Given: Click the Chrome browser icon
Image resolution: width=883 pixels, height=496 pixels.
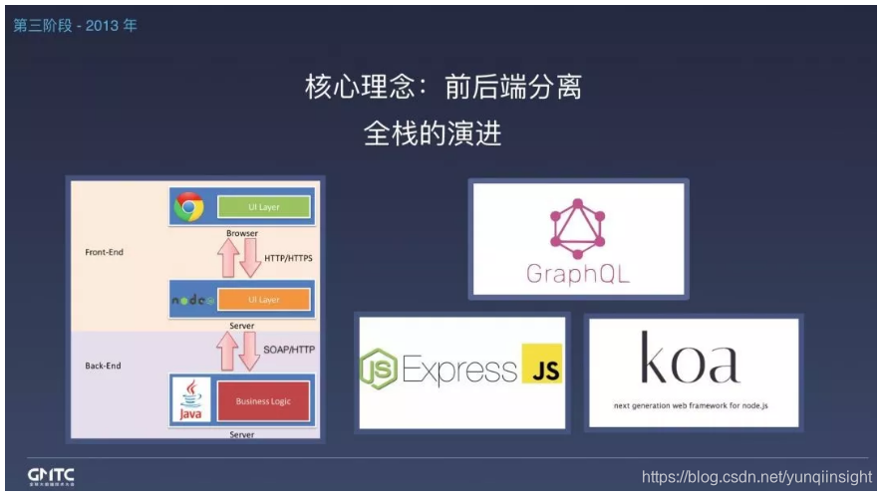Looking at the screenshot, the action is coord(188,207).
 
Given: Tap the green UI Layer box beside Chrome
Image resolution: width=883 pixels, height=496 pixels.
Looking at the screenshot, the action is coord(263,207).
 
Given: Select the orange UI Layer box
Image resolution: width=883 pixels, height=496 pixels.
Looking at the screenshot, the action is coord(263,300).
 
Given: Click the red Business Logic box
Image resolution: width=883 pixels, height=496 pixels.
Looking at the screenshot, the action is coord(263,401).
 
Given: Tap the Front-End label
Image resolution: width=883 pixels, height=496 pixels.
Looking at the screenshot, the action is coord(105,252).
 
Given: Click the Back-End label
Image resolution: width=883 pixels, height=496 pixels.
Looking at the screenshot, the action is coord(103,366).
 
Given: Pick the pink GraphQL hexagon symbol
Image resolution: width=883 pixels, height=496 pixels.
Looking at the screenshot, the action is coord(578,228).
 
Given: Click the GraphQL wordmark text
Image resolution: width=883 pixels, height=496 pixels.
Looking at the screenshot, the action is coord(578,274).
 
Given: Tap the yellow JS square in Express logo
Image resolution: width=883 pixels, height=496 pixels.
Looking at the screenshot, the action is coord(541,372).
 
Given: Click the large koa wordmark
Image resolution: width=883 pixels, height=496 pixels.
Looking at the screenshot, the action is coord(691,360).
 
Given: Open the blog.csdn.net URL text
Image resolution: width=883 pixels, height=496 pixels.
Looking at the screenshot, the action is coord(756,477).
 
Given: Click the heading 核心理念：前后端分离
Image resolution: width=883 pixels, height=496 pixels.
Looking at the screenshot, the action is coord(442,88).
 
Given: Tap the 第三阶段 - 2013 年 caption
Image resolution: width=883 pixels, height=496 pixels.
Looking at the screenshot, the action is coord(76,25).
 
